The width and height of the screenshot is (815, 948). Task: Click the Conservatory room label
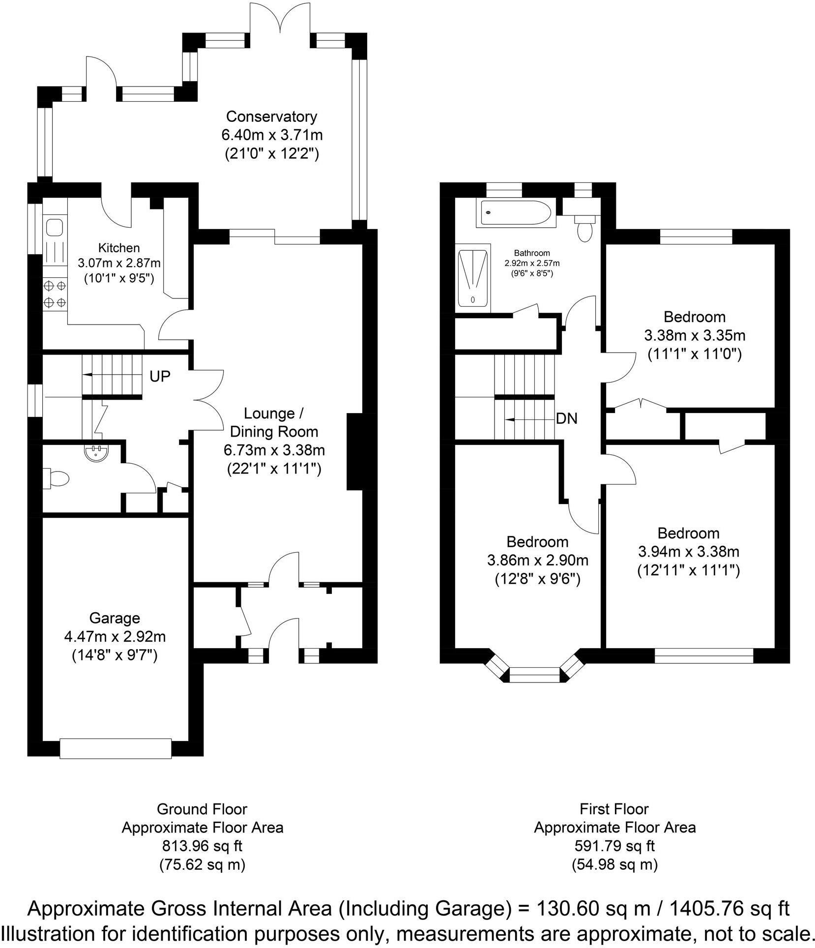pos(271,117)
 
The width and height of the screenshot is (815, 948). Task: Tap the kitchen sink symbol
pos(54,228)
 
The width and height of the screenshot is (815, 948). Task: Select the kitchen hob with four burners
pos(55,294)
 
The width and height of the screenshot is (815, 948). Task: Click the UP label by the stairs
pos(160,376)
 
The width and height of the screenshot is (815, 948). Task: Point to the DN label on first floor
pos(566,419)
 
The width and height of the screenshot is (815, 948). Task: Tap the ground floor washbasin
pos(94,452)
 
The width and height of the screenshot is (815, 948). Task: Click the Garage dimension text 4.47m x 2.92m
pos(115,637)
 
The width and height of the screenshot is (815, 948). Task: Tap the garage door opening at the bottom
pos(115,747)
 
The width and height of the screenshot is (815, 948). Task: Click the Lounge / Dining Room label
pos(274,422)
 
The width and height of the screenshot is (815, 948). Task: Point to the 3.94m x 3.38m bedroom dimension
pos(688,552)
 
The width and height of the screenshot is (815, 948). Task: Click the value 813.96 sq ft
pos(202,846)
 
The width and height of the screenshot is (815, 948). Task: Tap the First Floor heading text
pos(614,809)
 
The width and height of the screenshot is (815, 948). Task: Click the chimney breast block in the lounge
pos(354,452)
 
